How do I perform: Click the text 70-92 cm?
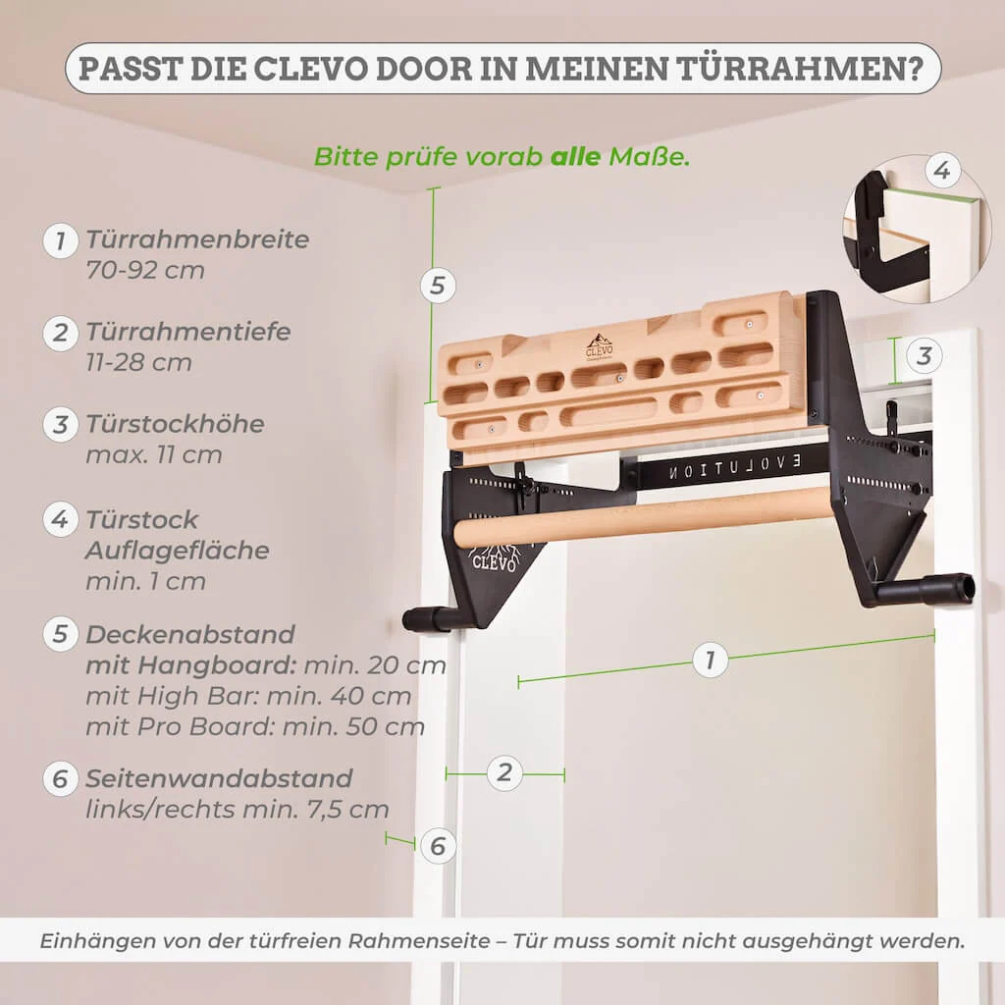145,270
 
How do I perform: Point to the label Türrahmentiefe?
188,332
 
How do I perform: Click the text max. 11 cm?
153,454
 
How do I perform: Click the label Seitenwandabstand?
218,778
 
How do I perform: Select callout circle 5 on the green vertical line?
438,286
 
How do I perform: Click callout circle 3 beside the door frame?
923,355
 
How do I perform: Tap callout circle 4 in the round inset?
941,173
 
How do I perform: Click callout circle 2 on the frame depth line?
504,772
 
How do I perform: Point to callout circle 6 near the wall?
438,846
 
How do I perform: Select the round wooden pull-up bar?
643,516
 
